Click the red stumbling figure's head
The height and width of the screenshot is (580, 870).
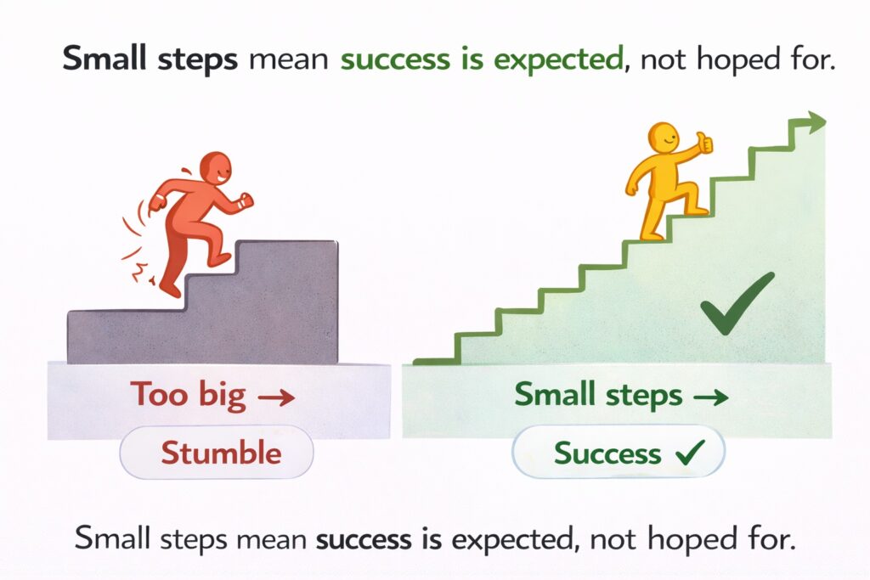[215, 168]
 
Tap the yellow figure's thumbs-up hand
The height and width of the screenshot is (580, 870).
[704, 142]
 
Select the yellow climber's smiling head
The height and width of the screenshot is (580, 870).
[663, 138]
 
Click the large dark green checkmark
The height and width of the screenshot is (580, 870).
[737, 303]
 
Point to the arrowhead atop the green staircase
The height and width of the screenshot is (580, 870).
[816, 122]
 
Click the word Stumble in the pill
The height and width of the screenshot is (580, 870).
[221, 453]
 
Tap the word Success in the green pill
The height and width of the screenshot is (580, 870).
[607, 453]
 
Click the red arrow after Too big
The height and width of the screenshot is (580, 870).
[276, 397]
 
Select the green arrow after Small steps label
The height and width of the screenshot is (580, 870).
[711, 397]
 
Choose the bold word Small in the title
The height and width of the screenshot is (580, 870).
[105, 58]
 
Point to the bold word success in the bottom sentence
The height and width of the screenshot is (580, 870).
[364, 539]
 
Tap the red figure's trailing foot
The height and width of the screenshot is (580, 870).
[169, 289]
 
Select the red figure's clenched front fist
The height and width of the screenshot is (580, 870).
[245, 200]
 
